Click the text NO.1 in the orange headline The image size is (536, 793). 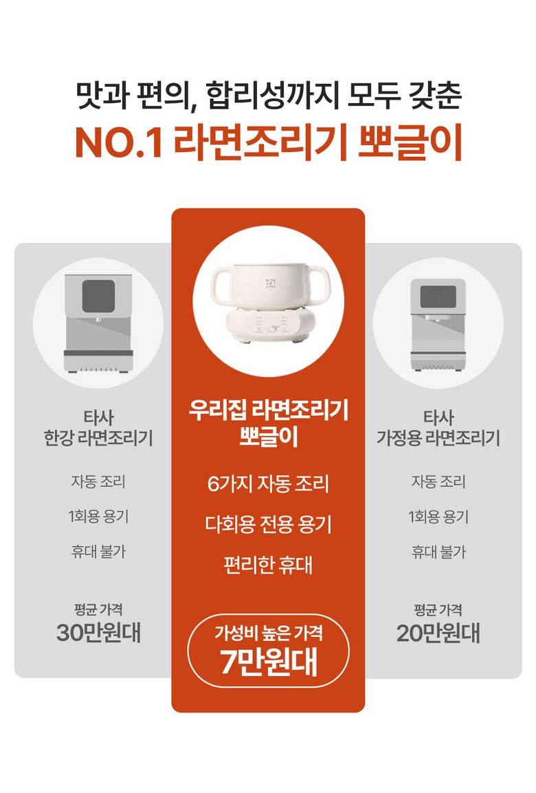(119, 142)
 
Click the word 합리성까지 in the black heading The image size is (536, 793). (270, 95)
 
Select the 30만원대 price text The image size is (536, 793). (98, 633)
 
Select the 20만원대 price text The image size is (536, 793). (438, 633)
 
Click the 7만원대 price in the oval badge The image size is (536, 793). (268, 662)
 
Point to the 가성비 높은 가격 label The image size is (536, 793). (268, 633)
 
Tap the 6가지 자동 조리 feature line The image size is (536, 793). (268, 484)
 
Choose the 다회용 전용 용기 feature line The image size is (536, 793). (268, 524)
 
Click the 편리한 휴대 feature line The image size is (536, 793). (268, 565)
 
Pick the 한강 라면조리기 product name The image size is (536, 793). (98, 437)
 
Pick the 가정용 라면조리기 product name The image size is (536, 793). (438, 437)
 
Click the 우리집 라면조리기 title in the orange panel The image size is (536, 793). (268, 409)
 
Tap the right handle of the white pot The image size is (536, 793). (316, 286)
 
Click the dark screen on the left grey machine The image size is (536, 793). (98, 296)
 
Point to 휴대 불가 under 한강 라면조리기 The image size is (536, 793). (98, 552)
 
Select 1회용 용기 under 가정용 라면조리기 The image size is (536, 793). (438, 517)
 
